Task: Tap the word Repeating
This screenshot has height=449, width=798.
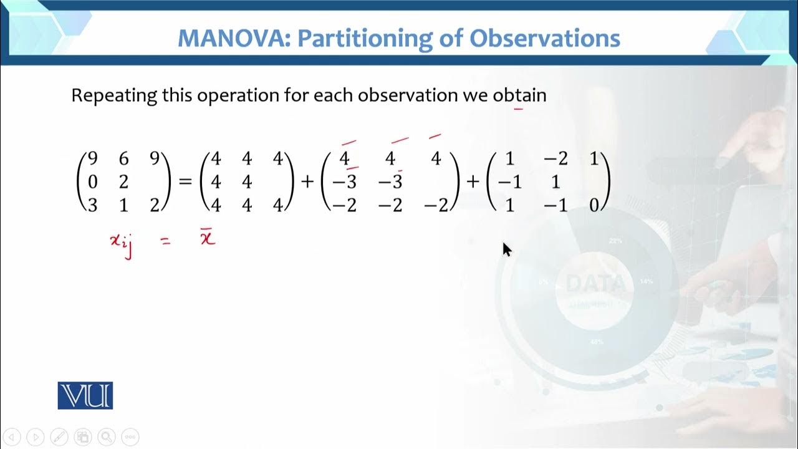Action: coord(114,95)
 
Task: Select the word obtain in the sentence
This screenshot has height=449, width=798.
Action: coord(519,95)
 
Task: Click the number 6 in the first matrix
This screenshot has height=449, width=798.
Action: coord(123,159)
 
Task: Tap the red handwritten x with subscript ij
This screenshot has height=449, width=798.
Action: coord(121,242)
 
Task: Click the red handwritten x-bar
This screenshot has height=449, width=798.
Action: coord(208,238)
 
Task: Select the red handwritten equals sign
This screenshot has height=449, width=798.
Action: coord(165,241)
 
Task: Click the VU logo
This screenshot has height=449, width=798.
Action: coord(85,395)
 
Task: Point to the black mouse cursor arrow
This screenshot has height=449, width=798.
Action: coord(506,249)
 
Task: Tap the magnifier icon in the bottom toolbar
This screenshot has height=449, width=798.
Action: coord(107,437)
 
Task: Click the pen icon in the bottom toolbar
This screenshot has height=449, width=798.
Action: coord(59,437)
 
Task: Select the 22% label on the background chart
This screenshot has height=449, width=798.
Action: coord(615,240)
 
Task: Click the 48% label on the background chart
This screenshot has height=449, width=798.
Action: coord(596,342)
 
